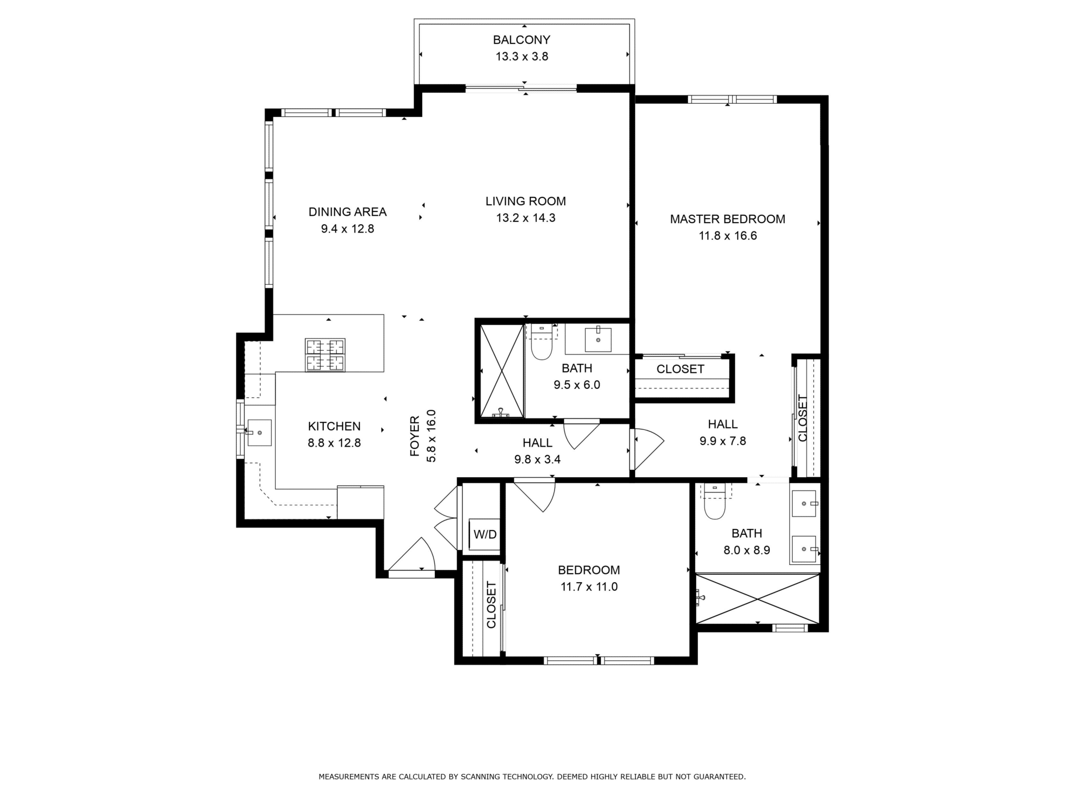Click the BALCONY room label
[x=521, y=40]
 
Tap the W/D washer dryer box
[x=485, y=534]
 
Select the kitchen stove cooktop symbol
[x=325, y=355]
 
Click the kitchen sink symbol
[x=258, y=433]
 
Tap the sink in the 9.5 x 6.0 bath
[x=598, y=340]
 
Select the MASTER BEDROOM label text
[x=727, y=219]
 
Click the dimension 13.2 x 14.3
[x=525, y=218]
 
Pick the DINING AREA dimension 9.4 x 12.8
[x=347, y=229]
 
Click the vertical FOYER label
[x=415, y=436]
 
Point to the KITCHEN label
[x=334, y=426]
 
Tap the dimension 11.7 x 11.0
[x=589, y=586]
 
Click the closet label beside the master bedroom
[x=680, y=369]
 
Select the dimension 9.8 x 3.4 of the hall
[x=537, y=459]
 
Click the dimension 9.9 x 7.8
[x=723, y=441]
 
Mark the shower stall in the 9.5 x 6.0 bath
[x=502, y=371]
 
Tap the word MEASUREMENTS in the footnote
[x=349, y=777]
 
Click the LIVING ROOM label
[x=525, y=201]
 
